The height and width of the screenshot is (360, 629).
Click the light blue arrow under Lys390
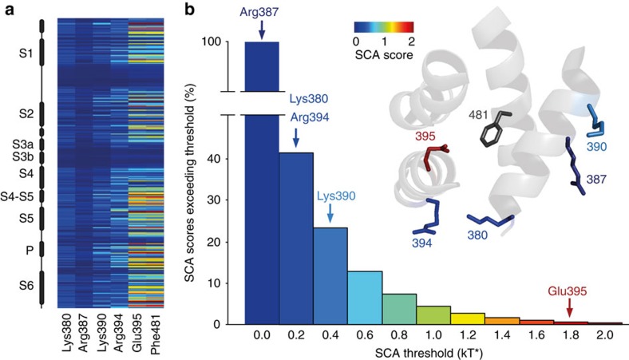[330, 210]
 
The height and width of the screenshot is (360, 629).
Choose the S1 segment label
[26, 55]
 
